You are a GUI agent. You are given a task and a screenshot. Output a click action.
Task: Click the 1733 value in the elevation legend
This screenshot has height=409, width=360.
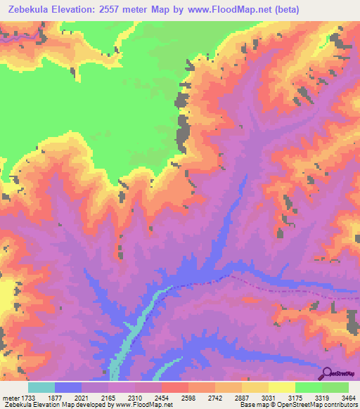27,397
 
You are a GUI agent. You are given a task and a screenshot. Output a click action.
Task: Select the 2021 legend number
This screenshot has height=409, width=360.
96,397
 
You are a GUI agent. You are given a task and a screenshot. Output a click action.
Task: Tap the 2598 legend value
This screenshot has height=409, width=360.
202,397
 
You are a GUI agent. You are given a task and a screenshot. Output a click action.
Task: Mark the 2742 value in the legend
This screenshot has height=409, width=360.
229,397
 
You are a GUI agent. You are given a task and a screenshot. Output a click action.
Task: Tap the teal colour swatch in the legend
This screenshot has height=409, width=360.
41,387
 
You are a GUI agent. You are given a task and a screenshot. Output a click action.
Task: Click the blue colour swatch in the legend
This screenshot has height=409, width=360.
68,387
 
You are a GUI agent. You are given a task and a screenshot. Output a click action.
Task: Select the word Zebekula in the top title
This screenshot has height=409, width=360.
29,10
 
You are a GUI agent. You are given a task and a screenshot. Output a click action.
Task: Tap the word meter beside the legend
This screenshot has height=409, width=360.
9,397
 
